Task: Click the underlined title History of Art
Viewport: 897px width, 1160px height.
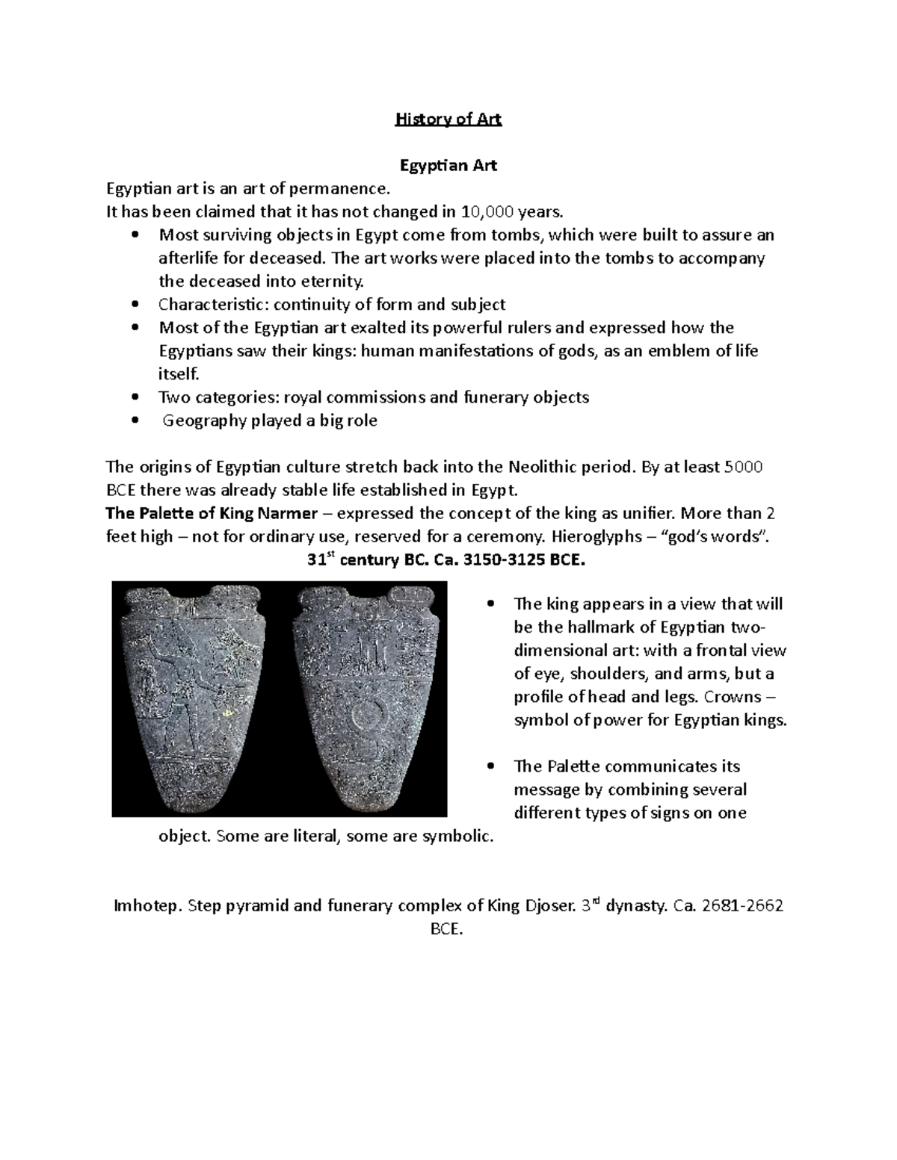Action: [x=449, y=120]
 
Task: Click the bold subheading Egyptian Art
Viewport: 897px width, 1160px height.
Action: [x=449, y=166]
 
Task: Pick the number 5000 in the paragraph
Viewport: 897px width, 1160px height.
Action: [x=744, y=468]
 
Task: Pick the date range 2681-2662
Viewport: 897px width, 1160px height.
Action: [x=742, y=907]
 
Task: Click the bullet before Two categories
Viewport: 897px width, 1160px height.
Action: [x=135, y=398]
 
